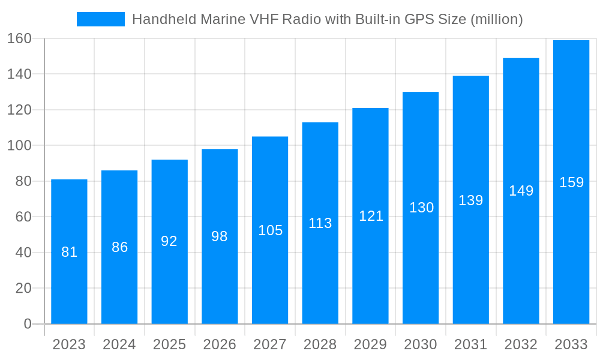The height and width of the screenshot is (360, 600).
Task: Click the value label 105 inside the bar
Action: tap(270, 230)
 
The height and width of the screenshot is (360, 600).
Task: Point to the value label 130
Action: tap(421, 208)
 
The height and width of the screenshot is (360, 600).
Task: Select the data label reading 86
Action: tap(119, 247)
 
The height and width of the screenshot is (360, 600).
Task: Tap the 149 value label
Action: tap(521, 191)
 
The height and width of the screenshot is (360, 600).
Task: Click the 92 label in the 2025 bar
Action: tap(169, 241)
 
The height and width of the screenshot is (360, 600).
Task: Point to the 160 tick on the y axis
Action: tap(19, 38)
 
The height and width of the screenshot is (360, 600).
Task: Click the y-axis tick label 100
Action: tap(19, 146)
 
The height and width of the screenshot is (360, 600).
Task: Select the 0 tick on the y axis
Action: tap(28, 324)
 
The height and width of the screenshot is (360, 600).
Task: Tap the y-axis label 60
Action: tap(23, 217)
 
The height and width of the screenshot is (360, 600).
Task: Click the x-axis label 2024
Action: tap(119, 345)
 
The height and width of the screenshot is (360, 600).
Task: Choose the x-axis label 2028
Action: tap(320, 345)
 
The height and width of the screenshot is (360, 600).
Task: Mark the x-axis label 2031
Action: tap(470, 345)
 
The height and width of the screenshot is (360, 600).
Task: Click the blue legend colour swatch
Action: tap(101, 19)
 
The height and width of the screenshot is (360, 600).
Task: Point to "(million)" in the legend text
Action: tap(497, 19)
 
